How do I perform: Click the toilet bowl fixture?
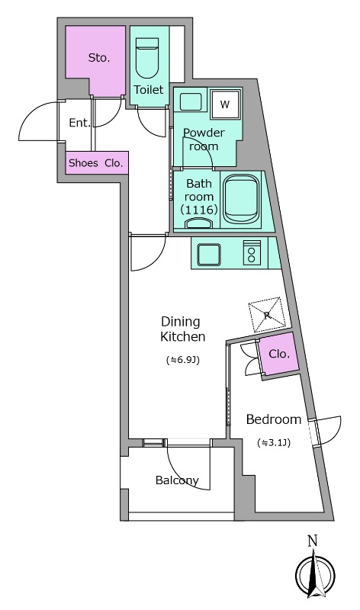coord(147,59)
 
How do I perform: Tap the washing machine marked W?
coord(224,104)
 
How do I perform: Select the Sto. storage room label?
coord(99,59)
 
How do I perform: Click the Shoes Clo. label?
coord(96,163)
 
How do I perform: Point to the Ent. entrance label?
coord(80,123)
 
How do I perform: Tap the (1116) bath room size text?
coord(199,210)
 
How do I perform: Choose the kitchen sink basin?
coord(209,255)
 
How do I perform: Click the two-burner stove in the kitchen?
coord(252,253)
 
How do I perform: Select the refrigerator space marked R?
coord(267,315)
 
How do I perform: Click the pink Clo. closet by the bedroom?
coord(279,354)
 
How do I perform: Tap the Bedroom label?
coord(274,419)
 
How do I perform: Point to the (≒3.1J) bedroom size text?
coord(274,442)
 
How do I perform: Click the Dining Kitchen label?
coord(183,329)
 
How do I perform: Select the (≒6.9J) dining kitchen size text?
coord(183,360)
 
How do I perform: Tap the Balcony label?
coord(177,480)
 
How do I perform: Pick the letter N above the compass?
coord(313,541)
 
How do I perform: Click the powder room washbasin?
coord(190,102)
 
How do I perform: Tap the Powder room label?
coord(204,140)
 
